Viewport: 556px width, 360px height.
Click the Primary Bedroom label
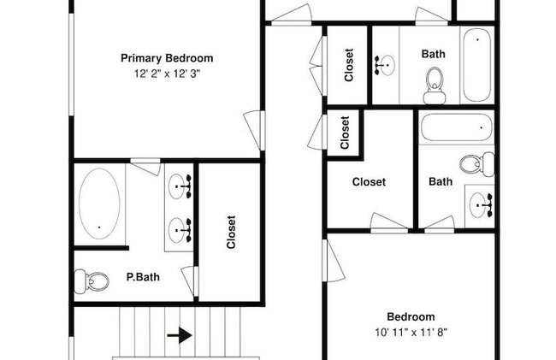pos(167,58)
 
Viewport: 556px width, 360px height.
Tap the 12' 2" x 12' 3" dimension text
pos(168,74)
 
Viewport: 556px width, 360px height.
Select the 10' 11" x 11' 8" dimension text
pos(411,333)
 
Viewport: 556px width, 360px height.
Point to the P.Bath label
pos(143,277)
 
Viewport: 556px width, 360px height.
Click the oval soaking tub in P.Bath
pos(99,204)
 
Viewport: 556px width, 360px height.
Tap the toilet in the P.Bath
pos(92,281)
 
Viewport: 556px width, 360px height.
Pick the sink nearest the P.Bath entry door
pos(180,186)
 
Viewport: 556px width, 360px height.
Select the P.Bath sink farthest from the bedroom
pos(180,230)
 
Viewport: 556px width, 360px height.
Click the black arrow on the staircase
pos(180,335)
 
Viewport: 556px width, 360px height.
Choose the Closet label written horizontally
pos(369,182)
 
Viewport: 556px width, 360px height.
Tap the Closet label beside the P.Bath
pos(231,232)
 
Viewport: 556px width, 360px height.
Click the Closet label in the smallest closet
pos(345,133)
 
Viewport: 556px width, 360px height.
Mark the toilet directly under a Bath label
pos(435,86)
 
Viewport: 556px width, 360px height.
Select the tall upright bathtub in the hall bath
pos(477,65)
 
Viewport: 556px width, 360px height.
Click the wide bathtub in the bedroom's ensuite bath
pos(457,127)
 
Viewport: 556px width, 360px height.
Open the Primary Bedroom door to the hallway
pos(255,130)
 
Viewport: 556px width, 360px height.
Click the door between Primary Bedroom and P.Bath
pos(145,167)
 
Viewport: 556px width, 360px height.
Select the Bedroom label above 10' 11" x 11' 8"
pos(411,316)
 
